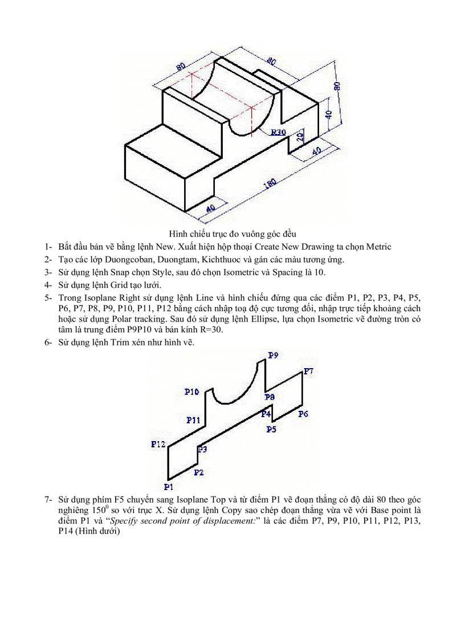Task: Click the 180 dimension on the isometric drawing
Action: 270,184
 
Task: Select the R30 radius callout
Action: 278,132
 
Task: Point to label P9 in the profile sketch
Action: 273,355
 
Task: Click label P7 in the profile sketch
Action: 308,371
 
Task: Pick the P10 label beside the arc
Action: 191,392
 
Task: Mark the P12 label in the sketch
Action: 158,444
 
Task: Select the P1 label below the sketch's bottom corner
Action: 168,487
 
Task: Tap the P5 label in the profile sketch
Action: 271,429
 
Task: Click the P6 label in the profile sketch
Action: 303,414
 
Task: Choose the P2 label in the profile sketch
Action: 199,472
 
